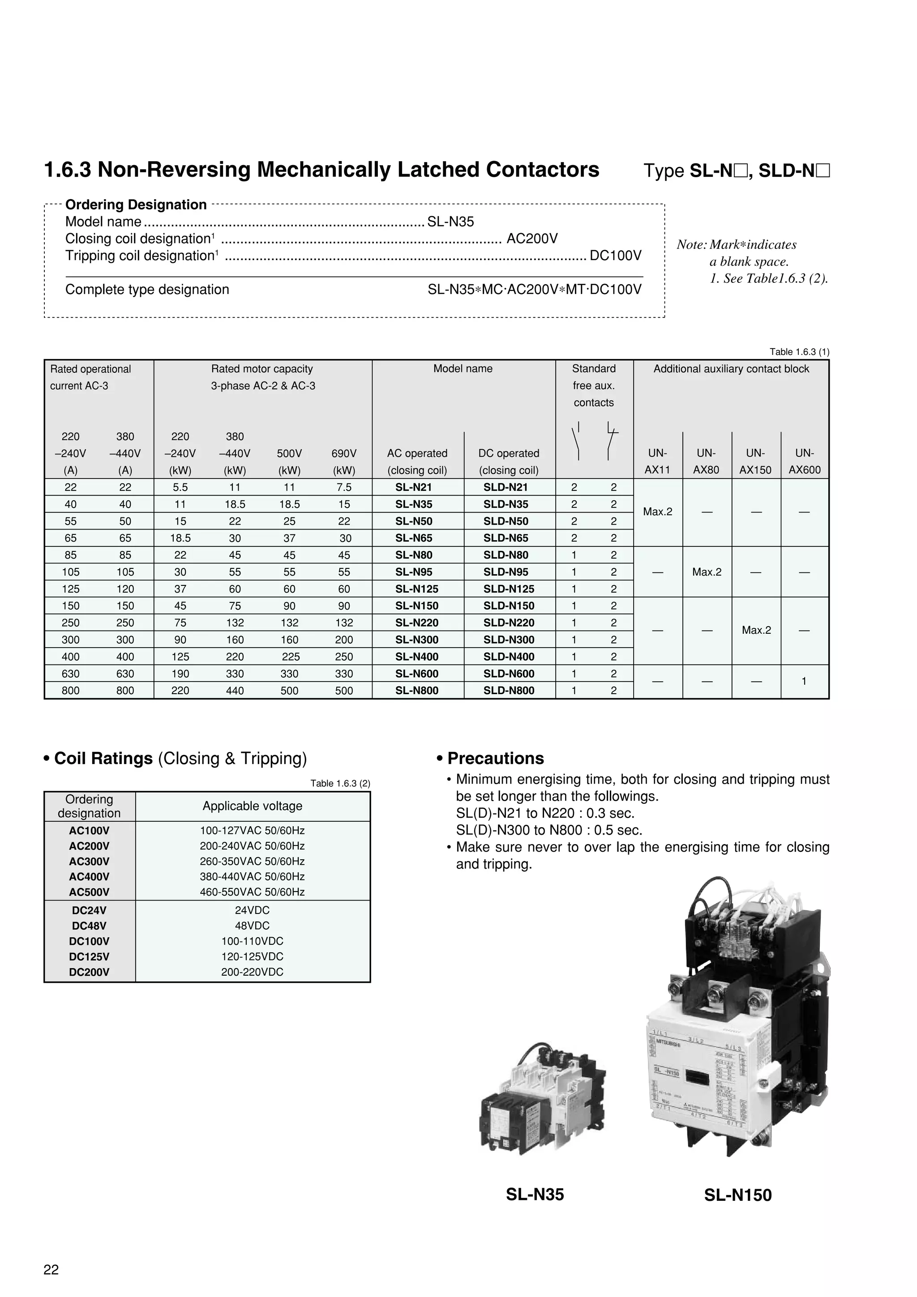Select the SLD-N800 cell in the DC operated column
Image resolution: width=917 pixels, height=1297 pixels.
(509, 690)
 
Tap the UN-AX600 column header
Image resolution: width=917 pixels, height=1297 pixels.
(804, 461)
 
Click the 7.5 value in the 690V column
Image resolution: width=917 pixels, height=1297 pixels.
(343, 487)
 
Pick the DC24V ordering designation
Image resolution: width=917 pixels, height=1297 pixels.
(89, 910)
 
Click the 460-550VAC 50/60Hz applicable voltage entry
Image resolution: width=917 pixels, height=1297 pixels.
(252, 892)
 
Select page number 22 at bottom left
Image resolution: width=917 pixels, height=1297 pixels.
(51, 1269)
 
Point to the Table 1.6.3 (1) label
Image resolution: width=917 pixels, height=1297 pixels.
(799, 352)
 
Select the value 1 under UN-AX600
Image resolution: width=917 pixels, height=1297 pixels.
(804, 681)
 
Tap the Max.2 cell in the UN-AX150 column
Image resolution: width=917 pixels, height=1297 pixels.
(756, 630)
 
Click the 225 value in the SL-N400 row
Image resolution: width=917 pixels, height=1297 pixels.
(289, 657)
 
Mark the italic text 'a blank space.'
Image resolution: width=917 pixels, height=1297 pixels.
(749, 261)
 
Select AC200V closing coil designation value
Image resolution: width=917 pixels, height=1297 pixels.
(531, 239)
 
